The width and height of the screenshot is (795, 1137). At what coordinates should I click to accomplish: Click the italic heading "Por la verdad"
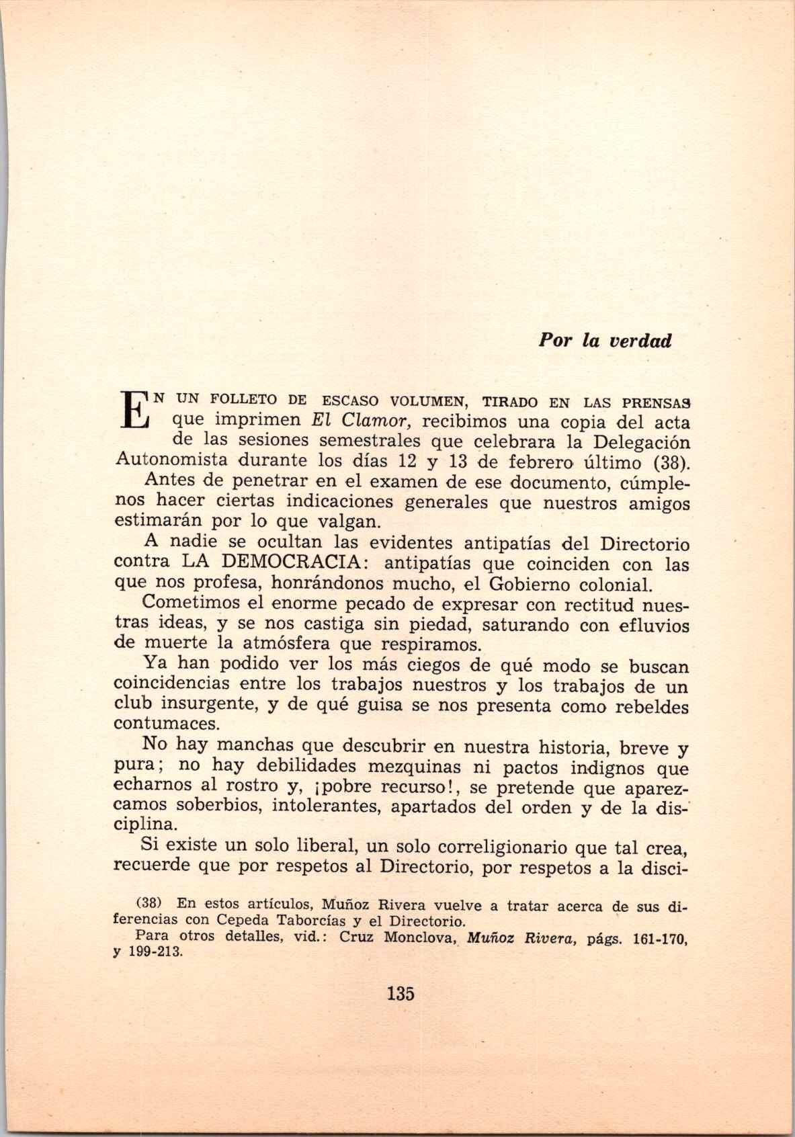point(604,341)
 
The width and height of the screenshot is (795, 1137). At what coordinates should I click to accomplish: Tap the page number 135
point(401,993)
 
